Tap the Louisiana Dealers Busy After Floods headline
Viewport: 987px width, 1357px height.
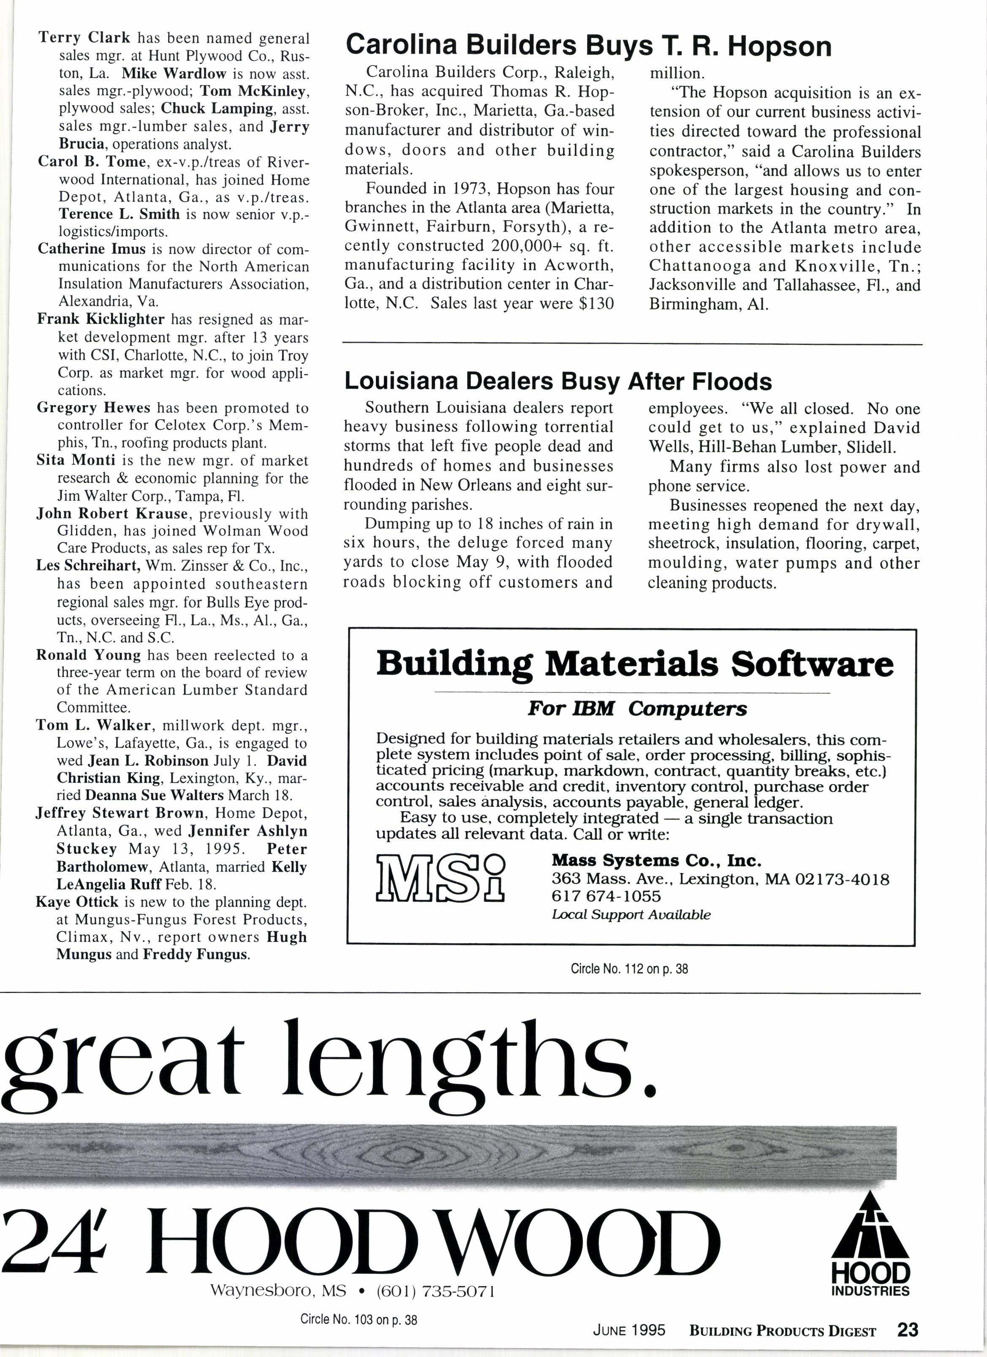tap(558, 381)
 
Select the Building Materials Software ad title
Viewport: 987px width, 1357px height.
tap(634, 664)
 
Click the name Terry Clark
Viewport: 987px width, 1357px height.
tap(84, 38)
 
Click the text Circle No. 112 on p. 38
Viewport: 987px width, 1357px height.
tap(629, 969)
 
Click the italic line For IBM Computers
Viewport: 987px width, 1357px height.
tap(637, 709)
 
